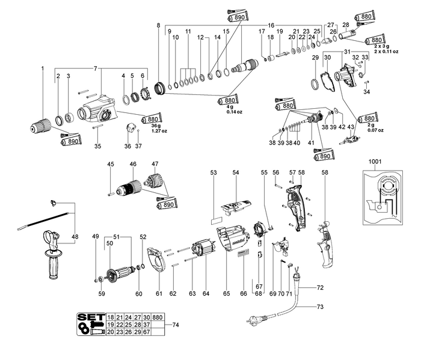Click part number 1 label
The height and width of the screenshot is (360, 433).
tap(43, 69)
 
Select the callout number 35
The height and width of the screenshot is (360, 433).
tap(97, 147)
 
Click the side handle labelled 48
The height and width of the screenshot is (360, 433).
tap(57, 252)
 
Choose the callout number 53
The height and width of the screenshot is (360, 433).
tap(213, 172)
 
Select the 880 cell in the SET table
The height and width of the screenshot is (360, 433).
tap(158, 317)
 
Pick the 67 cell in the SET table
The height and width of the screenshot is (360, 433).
tap(146, 332)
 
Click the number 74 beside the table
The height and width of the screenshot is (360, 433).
tap(176, 325)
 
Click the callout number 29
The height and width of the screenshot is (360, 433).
tap(315, 58)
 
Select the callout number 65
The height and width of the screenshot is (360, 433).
tap(227, 293)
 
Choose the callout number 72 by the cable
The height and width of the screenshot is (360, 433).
tap(320, 288)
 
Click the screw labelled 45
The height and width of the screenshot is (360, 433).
tap(111, 193)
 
